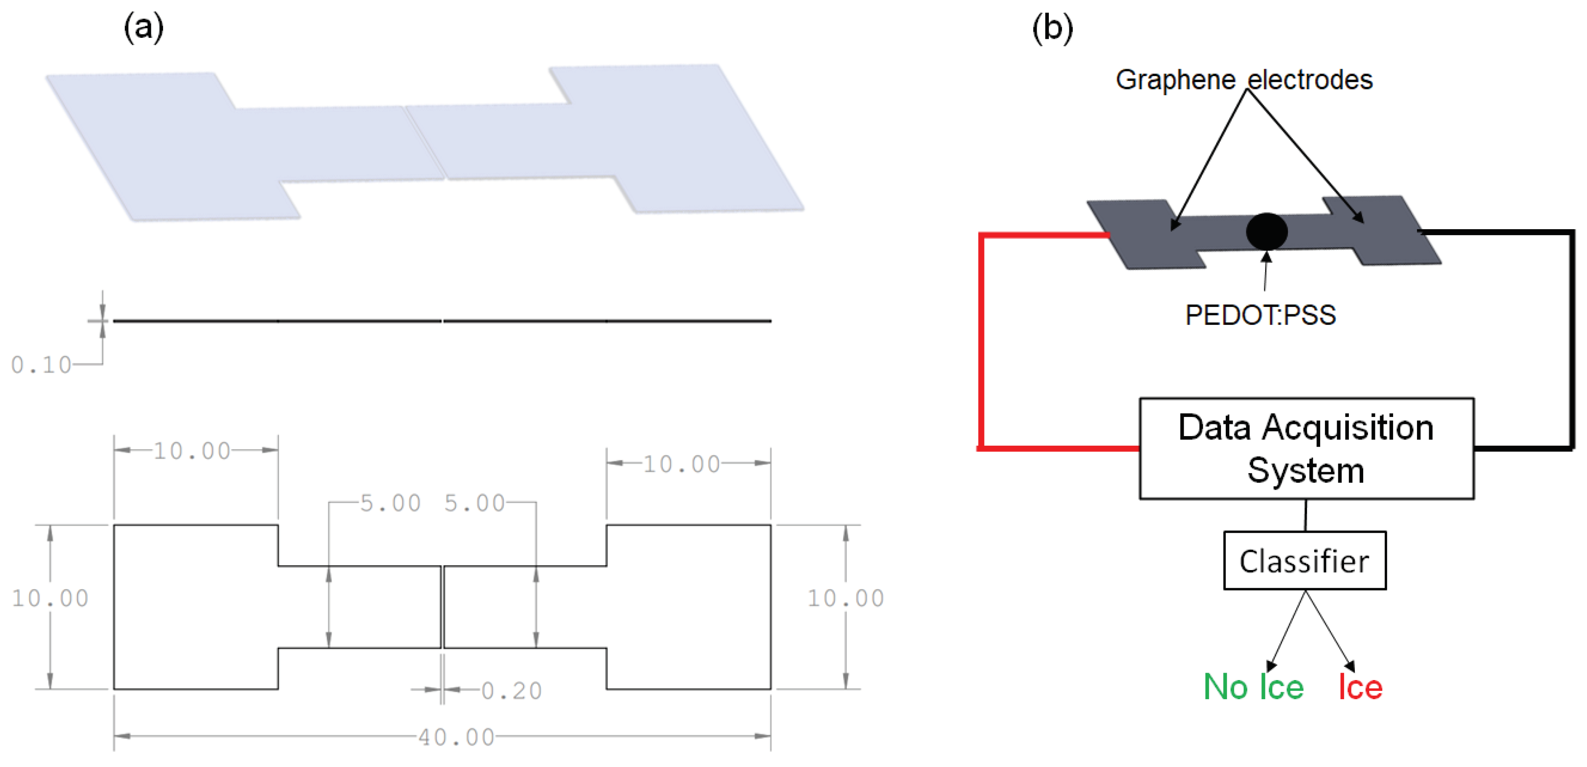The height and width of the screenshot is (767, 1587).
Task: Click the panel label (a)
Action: [x=143, y=28]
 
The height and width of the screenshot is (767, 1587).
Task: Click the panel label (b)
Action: [x=1052, y=28]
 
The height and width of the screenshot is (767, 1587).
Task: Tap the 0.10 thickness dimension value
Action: [x=41, y=365]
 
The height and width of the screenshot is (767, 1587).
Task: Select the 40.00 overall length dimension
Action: [x=456, y=737]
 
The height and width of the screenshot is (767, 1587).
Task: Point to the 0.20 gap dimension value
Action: [x=511, y=690]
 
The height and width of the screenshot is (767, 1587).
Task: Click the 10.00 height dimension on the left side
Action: [x=50, y=597]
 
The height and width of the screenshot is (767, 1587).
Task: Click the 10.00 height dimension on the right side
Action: [x=846, y=597]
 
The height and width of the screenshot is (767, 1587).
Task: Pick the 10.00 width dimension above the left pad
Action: [x=192, y=450]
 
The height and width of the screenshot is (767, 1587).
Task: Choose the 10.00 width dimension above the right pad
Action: [x=682, y=464]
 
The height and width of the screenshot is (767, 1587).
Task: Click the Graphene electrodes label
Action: [x=1244, y=80]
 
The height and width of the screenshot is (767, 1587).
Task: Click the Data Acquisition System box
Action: [x=1306, y=448]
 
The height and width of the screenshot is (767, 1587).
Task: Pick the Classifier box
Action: [x=1304, y=560]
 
